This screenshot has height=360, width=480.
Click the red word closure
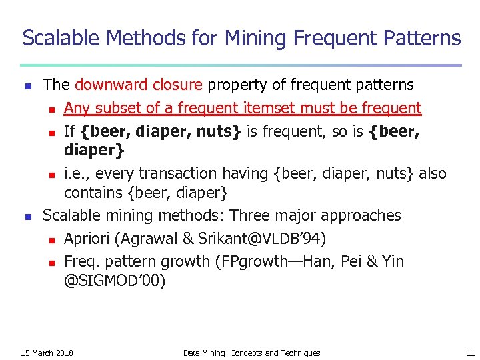click(x=176, y=85)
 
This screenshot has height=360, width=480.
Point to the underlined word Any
click(x=77, y=107)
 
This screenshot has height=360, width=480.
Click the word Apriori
click(x=87, y=239)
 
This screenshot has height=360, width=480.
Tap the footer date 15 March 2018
click(x=47, y=353)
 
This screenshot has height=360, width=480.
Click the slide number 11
click(x=471, y=353)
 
